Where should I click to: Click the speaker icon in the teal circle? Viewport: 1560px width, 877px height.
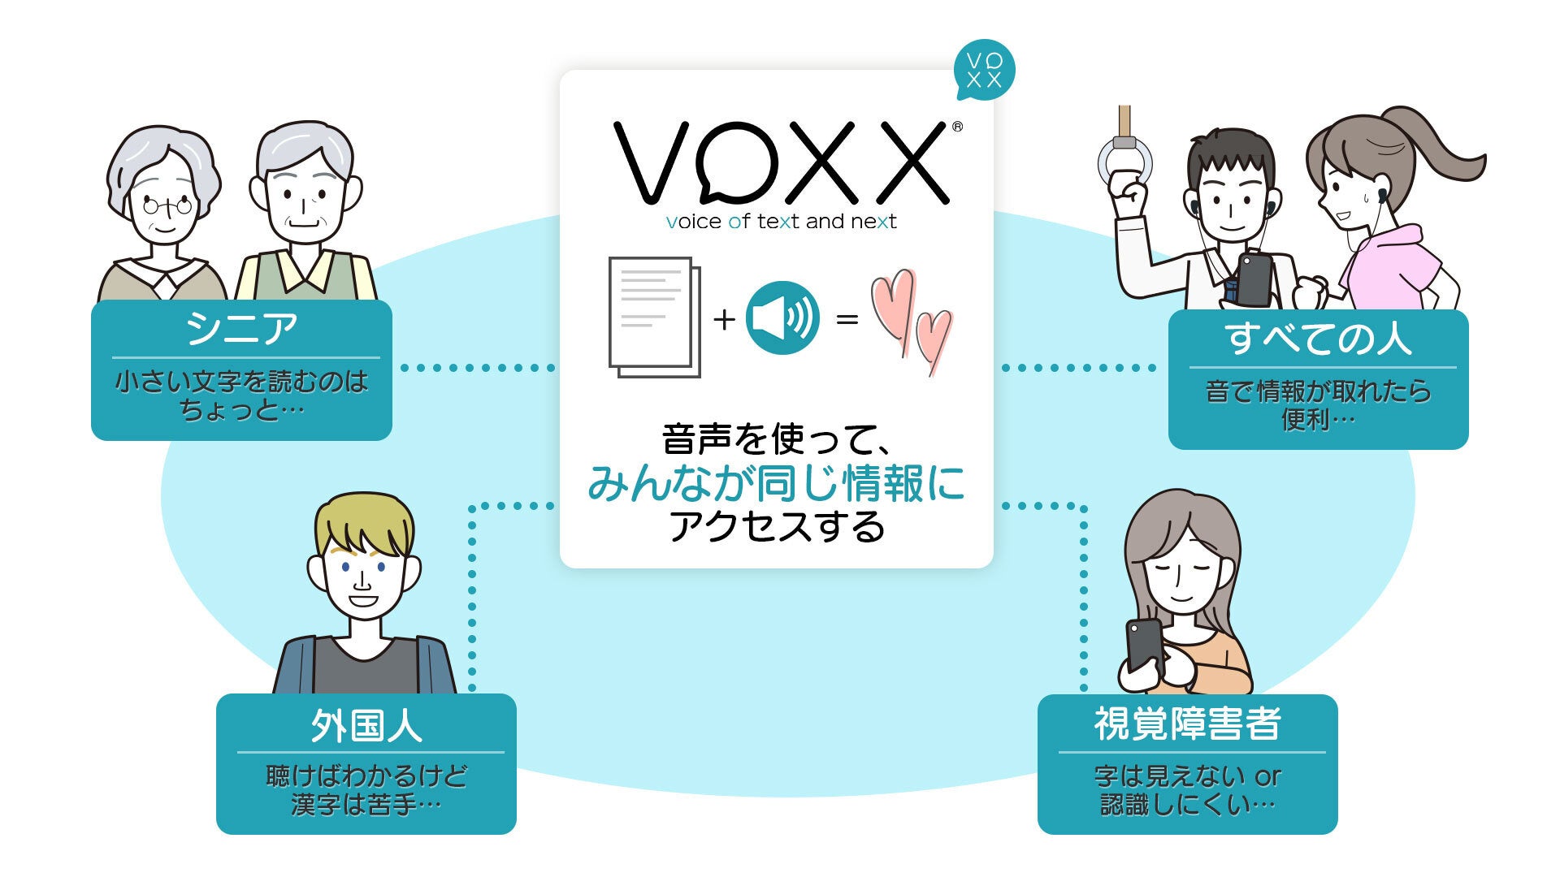tap(782, 318)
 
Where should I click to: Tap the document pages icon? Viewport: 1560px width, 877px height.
tap(654, 317)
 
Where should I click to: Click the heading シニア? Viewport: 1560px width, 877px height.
tap(241, 329)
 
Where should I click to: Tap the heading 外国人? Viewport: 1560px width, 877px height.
tap(366, 725)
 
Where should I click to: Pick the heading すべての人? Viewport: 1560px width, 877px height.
tap(1318, 339)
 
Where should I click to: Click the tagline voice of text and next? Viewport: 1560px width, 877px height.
tap(781, 222)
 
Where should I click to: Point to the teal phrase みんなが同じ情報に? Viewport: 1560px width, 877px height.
tap(776, 484)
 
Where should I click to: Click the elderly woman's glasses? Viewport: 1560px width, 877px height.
tap(167, 205)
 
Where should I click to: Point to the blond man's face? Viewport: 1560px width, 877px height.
tap(363, 579)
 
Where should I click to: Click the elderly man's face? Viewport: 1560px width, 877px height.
tap(305, 203)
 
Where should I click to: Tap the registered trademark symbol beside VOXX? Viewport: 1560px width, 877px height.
tap(957, 127)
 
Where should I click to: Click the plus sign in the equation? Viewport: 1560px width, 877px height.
tap(724, 319)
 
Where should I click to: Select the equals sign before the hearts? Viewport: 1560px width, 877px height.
tap(847, 319)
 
